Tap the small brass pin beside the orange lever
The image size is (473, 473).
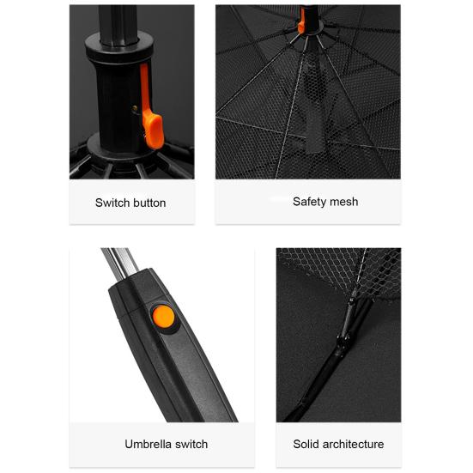coord(135,109)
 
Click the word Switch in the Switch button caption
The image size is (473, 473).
coord(113,203)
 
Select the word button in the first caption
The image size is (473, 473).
coord(150,203)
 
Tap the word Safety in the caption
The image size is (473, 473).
coord(309,202)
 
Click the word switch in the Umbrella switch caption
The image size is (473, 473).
coord(191,445)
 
